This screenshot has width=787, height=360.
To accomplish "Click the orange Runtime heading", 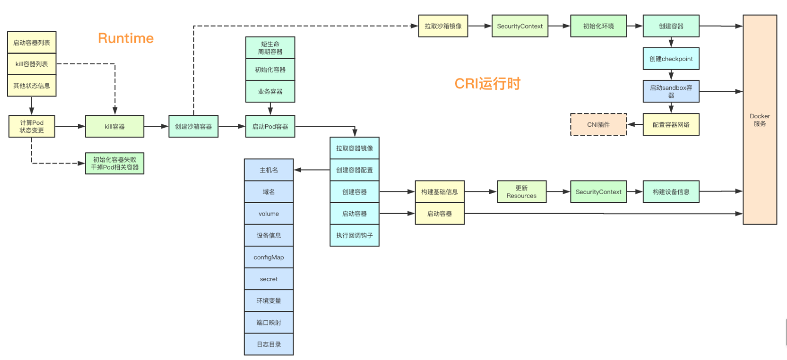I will click(x=126, y=39).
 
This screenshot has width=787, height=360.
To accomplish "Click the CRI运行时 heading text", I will click(x=487, y=83).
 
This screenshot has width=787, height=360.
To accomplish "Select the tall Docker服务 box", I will click(x=759, y=120).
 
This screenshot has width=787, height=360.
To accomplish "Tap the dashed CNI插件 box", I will click(x=599, y=125).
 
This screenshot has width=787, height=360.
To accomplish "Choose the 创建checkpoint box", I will click(x=671, y=59).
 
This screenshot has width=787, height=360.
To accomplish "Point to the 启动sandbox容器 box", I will click(x=671, y=91).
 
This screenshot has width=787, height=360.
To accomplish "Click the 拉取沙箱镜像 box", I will click(x=443, y=26).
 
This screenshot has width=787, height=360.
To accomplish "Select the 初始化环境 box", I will click(x=598, y=26).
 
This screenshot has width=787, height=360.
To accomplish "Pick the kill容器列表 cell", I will click(x=32, y=64).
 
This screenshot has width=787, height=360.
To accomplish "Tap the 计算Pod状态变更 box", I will click(x=32, y=126).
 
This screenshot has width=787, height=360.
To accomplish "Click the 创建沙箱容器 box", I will click(x=193, y=126).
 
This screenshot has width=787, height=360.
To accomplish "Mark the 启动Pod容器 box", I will click(x=270, y=126).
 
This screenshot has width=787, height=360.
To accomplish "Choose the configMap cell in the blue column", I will click(x=269, y=257).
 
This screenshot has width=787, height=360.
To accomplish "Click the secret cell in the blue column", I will click(x=269, y=279).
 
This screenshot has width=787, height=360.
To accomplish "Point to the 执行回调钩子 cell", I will click(x=354, y=236).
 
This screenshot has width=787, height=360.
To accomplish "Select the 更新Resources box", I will click(x=521, y=192).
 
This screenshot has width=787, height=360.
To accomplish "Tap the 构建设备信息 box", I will click(x=671, y=192).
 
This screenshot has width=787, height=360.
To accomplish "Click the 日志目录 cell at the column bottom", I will click(x=269, y=344).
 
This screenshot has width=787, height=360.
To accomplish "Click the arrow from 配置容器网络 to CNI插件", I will click(x=635, y=125).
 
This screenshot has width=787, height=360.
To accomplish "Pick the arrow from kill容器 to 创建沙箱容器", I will click(x=156, y=126).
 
